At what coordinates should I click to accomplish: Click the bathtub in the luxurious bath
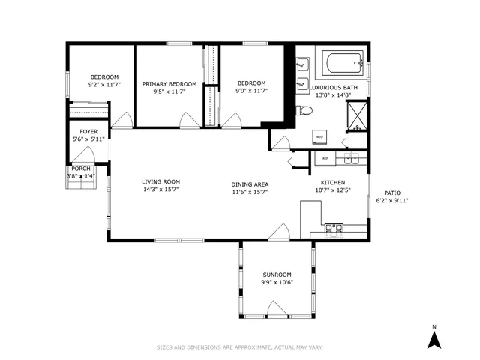pyautogui.click(x=342, y=64)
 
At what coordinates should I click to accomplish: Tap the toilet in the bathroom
pyautogui.click(x=304, y=111)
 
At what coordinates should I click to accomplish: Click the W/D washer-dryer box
pyautogui.click(x=319, y=137)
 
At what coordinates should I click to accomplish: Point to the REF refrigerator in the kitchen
pyautogui.click(x=325, y=159)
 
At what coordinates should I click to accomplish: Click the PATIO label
pyautogui.click(x=392, y=193)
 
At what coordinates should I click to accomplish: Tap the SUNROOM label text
pyautogui.click(x=277, y=274)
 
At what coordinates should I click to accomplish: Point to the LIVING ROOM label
pyautogui.click(x=161, y=181)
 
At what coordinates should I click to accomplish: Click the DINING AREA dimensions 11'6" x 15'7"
pyautogui.click(x=250, y=193)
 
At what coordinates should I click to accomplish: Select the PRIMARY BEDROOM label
pyautogui.click(x=169, y=84)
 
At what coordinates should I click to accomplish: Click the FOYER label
pyautogui.click(x=89, y=131)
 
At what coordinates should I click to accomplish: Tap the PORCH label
pyautogui.click(x=80, y=169)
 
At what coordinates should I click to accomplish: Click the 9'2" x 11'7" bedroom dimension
pyautogui.click(x=104, y=85)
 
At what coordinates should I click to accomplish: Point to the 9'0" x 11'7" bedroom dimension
pyautogui.click(x=251, y=91)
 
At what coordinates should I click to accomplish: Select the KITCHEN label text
pyautogui.click(x=333, y=182)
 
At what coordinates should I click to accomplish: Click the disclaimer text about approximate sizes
pyautogui.click(x=239, y=347)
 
